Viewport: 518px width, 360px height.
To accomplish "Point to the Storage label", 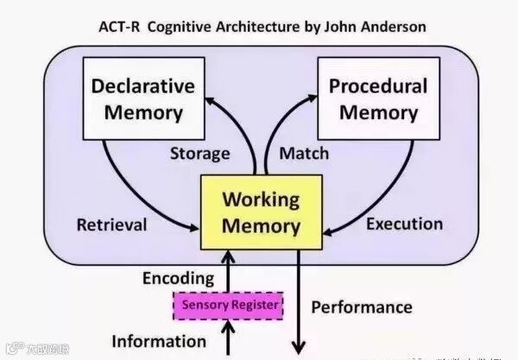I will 200,154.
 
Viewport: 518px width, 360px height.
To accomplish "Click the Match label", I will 304,154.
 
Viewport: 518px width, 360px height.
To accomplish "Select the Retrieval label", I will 111,225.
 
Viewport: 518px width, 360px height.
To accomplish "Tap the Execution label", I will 405,224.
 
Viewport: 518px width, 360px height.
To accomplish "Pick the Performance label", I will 362,306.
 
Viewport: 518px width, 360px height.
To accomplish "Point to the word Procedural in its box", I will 379,85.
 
